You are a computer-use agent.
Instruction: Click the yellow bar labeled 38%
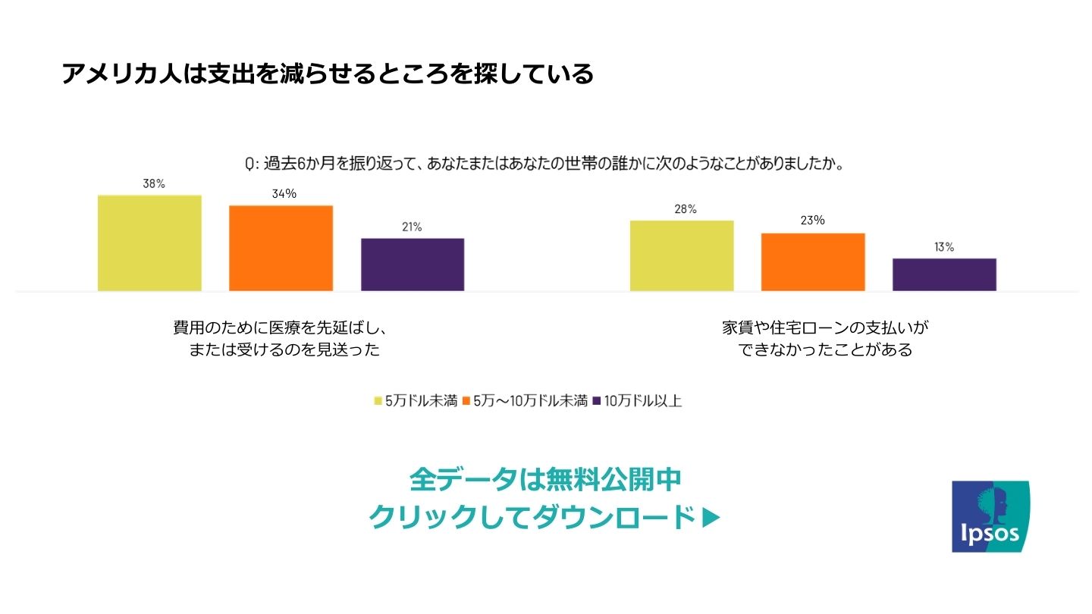click(x=149, y=243)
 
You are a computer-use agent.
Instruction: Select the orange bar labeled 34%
click(x=281, y=248)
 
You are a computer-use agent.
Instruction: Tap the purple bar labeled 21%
click(x=413, y=265)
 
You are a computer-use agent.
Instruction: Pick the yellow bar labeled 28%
click(x=682, y=255)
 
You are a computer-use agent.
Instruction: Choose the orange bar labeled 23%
click(x=813, y=262)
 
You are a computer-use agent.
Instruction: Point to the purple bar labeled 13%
click(x=944, y=274)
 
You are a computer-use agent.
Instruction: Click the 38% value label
click(x=154, y=183)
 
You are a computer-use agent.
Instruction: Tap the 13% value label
click(x=944, y=247)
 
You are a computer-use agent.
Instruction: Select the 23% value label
click(x=813, y=221)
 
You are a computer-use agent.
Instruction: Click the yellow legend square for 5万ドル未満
click(x=378, y=401)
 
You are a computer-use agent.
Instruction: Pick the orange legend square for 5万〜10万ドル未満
click(x=466, y=401)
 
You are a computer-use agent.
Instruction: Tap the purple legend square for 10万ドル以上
click(x=597, y=401)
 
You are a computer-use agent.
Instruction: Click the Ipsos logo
click(x=991, y=515)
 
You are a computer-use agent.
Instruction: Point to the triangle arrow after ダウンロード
click(x=711, y=518)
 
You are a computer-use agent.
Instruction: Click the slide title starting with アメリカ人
click(x=327, y=74)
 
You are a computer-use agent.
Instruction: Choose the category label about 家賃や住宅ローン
click(x=825, y=339)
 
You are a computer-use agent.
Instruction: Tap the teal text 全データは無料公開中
click(x=545, y=479)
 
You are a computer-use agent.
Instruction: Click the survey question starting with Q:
click(x=544, y=164)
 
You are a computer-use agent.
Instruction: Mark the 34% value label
click(x=284, y=194)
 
